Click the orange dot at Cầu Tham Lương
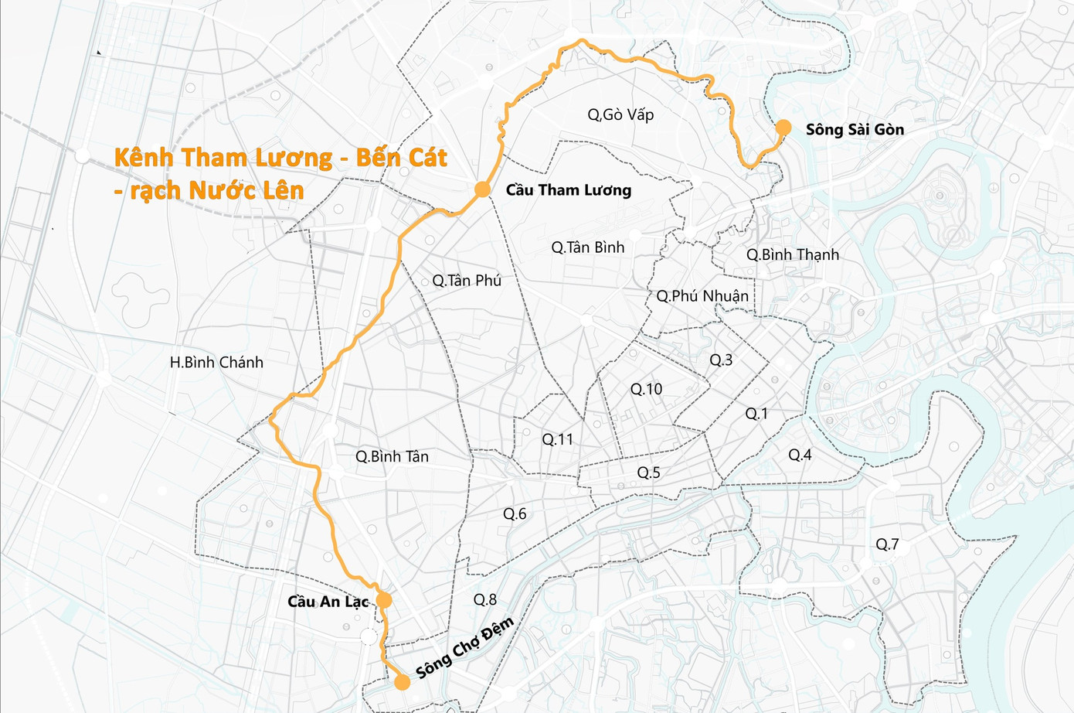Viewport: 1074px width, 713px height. (x=482, y=189)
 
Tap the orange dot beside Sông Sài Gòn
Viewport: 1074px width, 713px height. (x=783, y=128)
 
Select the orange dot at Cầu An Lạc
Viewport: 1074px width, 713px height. (x=383, y=600)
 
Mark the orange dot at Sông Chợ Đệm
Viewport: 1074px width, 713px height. (x=402, y=682)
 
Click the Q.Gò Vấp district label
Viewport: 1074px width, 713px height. (x=620, y=115)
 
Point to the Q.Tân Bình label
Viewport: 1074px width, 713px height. (x=587, y=247)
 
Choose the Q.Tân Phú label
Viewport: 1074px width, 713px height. (x=467, y=281)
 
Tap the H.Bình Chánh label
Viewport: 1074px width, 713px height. (x=216, y=362)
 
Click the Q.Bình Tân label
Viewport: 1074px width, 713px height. (x=392, y=456)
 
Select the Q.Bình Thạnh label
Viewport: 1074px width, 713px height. (x=792, y=254)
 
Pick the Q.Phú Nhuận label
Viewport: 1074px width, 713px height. (x=702, y=296)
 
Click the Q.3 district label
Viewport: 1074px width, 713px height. (x=721, y=360)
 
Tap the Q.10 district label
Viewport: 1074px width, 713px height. (x=646, y=389)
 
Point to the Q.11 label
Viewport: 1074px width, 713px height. (x=557, y=439)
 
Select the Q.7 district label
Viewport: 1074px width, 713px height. (x=887, y=544)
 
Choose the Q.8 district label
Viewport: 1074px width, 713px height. (x=485, y=599)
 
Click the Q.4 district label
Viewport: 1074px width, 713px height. (x=800, y=455)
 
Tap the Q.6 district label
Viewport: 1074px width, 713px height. (x=515, y=513)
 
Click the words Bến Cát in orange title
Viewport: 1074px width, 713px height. (x=401, y=158)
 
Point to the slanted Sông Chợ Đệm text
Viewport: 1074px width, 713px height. (x=464, y=648)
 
